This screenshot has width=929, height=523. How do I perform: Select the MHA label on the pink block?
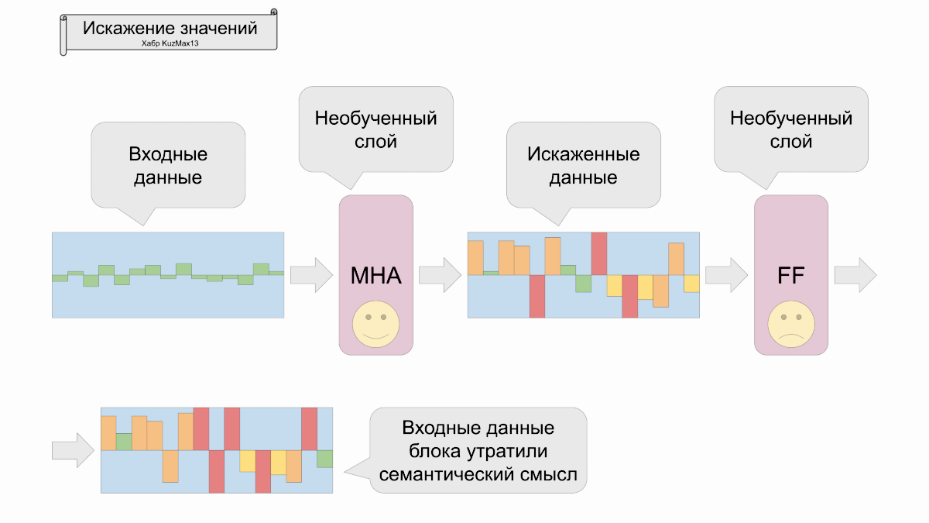click(x=375, y=275)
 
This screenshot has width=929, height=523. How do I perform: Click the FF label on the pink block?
click(x=790, y=275)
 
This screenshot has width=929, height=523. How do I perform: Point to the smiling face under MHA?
click(x=375, y=325)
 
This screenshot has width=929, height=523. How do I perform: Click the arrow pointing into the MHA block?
click(x=311, y=275)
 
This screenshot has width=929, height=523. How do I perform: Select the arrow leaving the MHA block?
click(x=440, y=275)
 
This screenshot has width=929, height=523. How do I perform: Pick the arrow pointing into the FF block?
click(x=726, y=275)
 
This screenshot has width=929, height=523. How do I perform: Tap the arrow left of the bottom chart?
click(x=73, y=449)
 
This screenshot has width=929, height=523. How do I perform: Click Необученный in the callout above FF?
click(x=790, y=119)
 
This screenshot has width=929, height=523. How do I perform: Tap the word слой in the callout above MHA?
click(x=375, y=143)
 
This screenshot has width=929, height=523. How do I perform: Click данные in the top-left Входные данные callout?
click(x=168, y=177)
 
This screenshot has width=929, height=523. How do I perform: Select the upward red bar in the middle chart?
click(x=598, y=253)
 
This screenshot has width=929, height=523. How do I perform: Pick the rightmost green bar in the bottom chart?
click(x=324, y=459)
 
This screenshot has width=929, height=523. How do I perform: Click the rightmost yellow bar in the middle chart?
click(x=691, y=284)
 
